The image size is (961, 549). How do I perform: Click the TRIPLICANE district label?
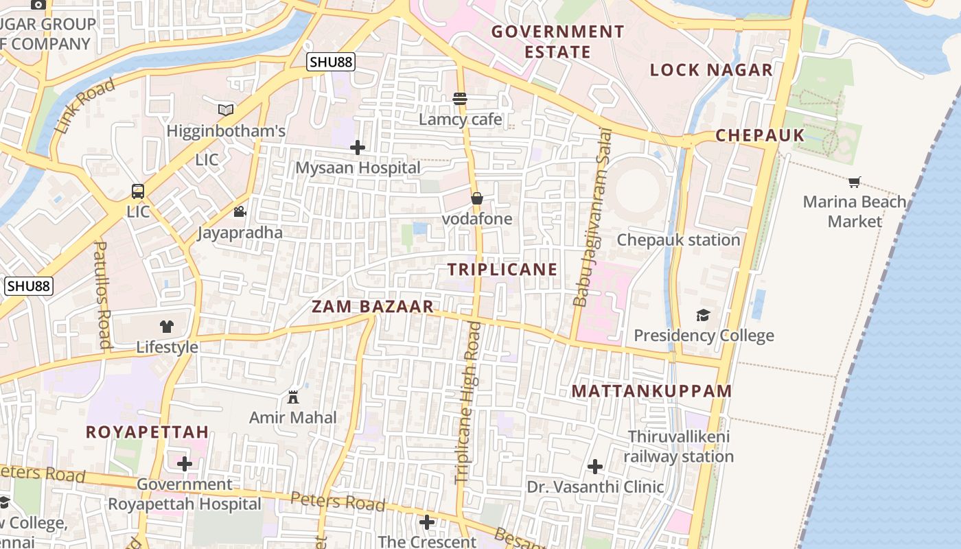pyautogui.click(x=502, y=270)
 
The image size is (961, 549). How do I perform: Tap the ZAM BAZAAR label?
pyautogui.click(x=373, y=307)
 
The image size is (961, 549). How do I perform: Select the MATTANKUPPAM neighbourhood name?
pyautogui.click(x=651, y=391)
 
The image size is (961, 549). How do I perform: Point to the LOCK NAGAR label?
pyautogui.click(x=711, y=70)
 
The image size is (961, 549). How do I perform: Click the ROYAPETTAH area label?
pyautogui.click(x=147, y=432)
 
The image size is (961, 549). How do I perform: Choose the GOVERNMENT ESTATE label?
pyautogui.click(x=557, y=42)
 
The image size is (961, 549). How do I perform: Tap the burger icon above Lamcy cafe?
pyautogui.click(x=460, y=99)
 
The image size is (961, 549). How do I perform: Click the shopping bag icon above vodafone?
pyautogui.click(x=477, y=198)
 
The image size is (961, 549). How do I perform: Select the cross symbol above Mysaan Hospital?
pyautogui.click(x=358, y=148)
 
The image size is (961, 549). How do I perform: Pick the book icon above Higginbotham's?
pyautogui.click(x=226, y=110)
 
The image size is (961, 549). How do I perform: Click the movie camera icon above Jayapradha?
pyautogui.click(x=240, y=212)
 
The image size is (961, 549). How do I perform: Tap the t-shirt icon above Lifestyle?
pyautogui.click(x=167, y=327)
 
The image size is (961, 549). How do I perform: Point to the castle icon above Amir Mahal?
pyautogui.click(x=293, y=397)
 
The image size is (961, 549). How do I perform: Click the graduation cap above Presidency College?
pyautogui.click(x=704, y=315)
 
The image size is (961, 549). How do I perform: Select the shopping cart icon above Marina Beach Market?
pyautogui.click(x=854, y=182)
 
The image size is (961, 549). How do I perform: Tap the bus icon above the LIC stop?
pyautogui.click(x=138, y=191)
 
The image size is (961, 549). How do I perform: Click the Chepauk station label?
pyautogui.click(x=678, y=240)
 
